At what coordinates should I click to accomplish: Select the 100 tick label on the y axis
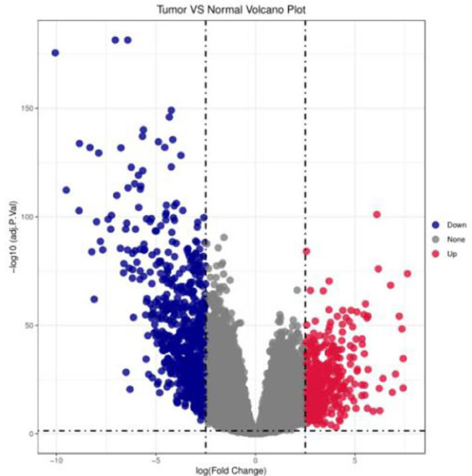pyautogui.click(x=27, y=217)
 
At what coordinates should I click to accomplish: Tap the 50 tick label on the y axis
pyautogui.click(x=29, y=325)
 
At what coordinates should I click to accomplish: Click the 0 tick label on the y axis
pyautogui.click(x=31, y=434)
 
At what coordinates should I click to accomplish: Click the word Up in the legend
pyautogui.click(x=451, y=254)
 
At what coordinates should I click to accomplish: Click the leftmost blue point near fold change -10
pyautogui.click(x=55, y=53)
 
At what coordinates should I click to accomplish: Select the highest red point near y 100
pyautogui.click(x=376, y=214)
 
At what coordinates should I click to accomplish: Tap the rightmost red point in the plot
pyautogui.click(x=407, y=274)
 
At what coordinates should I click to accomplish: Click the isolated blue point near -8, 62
pyautogui.click(x=94, y=299)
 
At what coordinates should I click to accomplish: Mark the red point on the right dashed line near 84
pyautogui.click(x=306, y=252)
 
